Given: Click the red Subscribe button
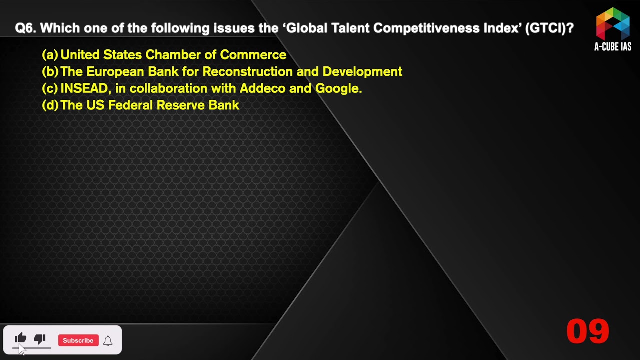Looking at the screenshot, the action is coord(78,340).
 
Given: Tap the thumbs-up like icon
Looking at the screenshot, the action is coord(20,338).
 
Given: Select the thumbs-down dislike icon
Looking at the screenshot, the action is coord(40,339).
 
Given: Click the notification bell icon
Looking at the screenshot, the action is coord(108,341).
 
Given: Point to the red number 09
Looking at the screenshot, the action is coord(587,331).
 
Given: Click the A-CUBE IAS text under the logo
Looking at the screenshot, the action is coord(613,47).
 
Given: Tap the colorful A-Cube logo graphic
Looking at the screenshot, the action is coord(613,24).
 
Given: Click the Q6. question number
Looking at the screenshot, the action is coord(25,28).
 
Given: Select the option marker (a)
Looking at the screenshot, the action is coord(50,55).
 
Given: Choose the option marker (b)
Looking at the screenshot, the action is coord(50,71).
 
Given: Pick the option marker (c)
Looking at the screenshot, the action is coord(50,88).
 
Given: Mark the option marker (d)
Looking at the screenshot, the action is coord(50,105).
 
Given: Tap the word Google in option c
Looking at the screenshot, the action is coord(339,89).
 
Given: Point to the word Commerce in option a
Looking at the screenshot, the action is coord(253,55).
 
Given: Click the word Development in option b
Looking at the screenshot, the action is coord(362,72).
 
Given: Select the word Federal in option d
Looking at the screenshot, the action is coord(130,105).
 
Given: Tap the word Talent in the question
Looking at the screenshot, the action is coord(350,28).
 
